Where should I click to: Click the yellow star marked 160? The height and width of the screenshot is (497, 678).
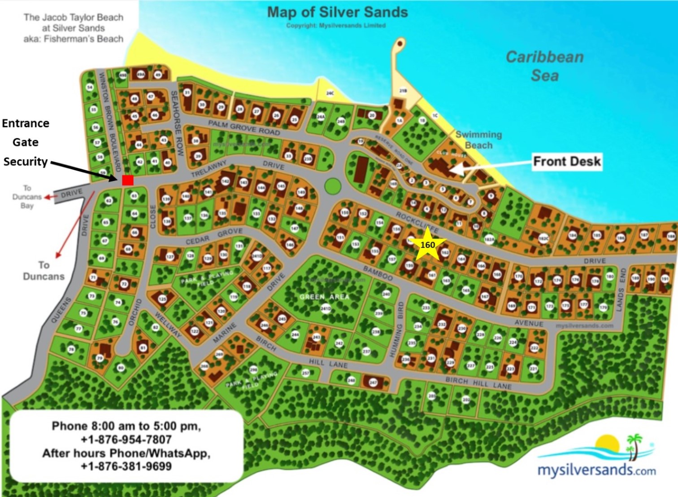point(427,245)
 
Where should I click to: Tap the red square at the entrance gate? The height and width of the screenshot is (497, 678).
point(128,180)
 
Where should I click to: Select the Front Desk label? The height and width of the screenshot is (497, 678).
point(567,161)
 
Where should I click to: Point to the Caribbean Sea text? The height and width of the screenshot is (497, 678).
point(545,66)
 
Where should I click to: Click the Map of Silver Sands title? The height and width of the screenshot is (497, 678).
point(338,12)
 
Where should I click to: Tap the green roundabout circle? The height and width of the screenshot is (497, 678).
point(332,185)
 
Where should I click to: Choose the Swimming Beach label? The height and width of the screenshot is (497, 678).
point(478,140)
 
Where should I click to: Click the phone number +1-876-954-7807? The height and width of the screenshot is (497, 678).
point(126,440)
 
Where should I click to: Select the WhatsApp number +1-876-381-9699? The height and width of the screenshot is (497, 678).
point(126,466)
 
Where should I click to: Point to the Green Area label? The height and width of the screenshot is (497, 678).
point(324,297)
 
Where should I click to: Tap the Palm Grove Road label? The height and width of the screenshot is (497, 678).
point(244,128)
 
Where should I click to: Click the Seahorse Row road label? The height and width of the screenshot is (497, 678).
point(177,123)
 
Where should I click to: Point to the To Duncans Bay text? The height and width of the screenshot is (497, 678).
point(27,197)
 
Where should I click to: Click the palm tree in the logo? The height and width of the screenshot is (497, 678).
point(634,445)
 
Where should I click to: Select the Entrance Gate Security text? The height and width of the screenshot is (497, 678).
point(26,142)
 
